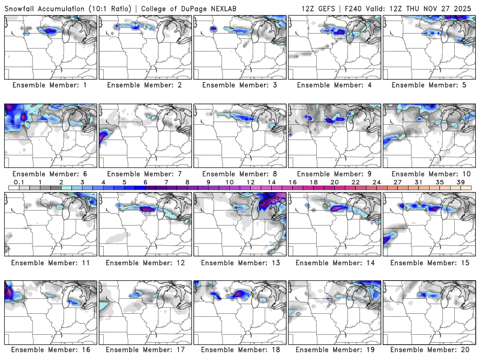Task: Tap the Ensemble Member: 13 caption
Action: tap(239, 263)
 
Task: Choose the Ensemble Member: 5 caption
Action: tap(428, 85)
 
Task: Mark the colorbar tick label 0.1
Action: tap(19, 182)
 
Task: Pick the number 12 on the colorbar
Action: tap(250, 182)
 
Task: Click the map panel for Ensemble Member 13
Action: tap(239, 224)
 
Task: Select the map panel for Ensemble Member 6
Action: tap(50, 136)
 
